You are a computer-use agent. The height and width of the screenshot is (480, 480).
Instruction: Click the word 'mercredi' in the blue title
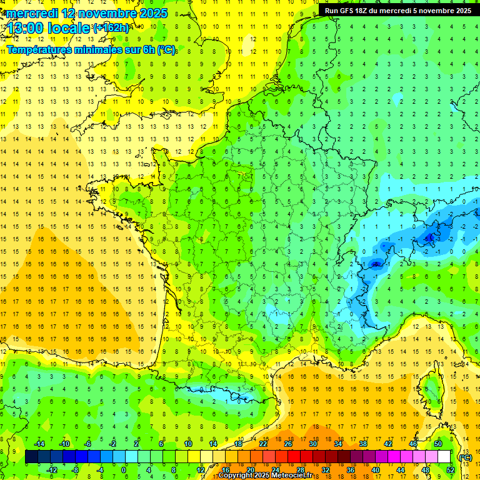point(31,12)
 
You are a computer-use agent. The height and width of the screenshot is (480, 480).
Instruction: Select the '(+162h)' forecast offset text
point(111,27)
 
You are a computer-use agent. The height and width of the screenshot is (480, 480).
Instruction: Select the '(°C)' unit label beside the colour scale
point(465,457)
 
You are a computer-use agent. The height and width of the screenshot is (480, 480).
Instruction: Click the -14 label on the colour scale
point(39,444)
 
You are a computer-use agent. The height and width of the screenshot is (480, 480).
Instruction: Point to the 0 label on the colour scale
point(124,470)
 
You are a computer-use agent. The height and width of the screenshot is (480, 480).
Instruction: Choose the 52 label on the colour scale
point(450,470)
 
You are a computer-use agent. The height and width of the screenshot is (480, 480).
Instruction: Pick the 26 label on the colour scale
point(288,444)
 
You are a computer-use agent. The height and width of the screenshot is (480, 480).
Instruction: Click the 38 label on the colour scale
point(363,444)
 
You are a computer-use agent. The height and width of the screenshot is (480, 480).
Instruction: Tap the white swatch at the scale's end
point(444,457)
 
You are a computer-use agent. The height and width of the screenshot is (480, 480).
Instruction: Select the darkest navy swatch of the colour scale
point(31,457)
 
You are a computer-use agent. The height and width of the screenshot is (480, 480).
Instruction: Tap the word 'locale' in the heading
point(72,28)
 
